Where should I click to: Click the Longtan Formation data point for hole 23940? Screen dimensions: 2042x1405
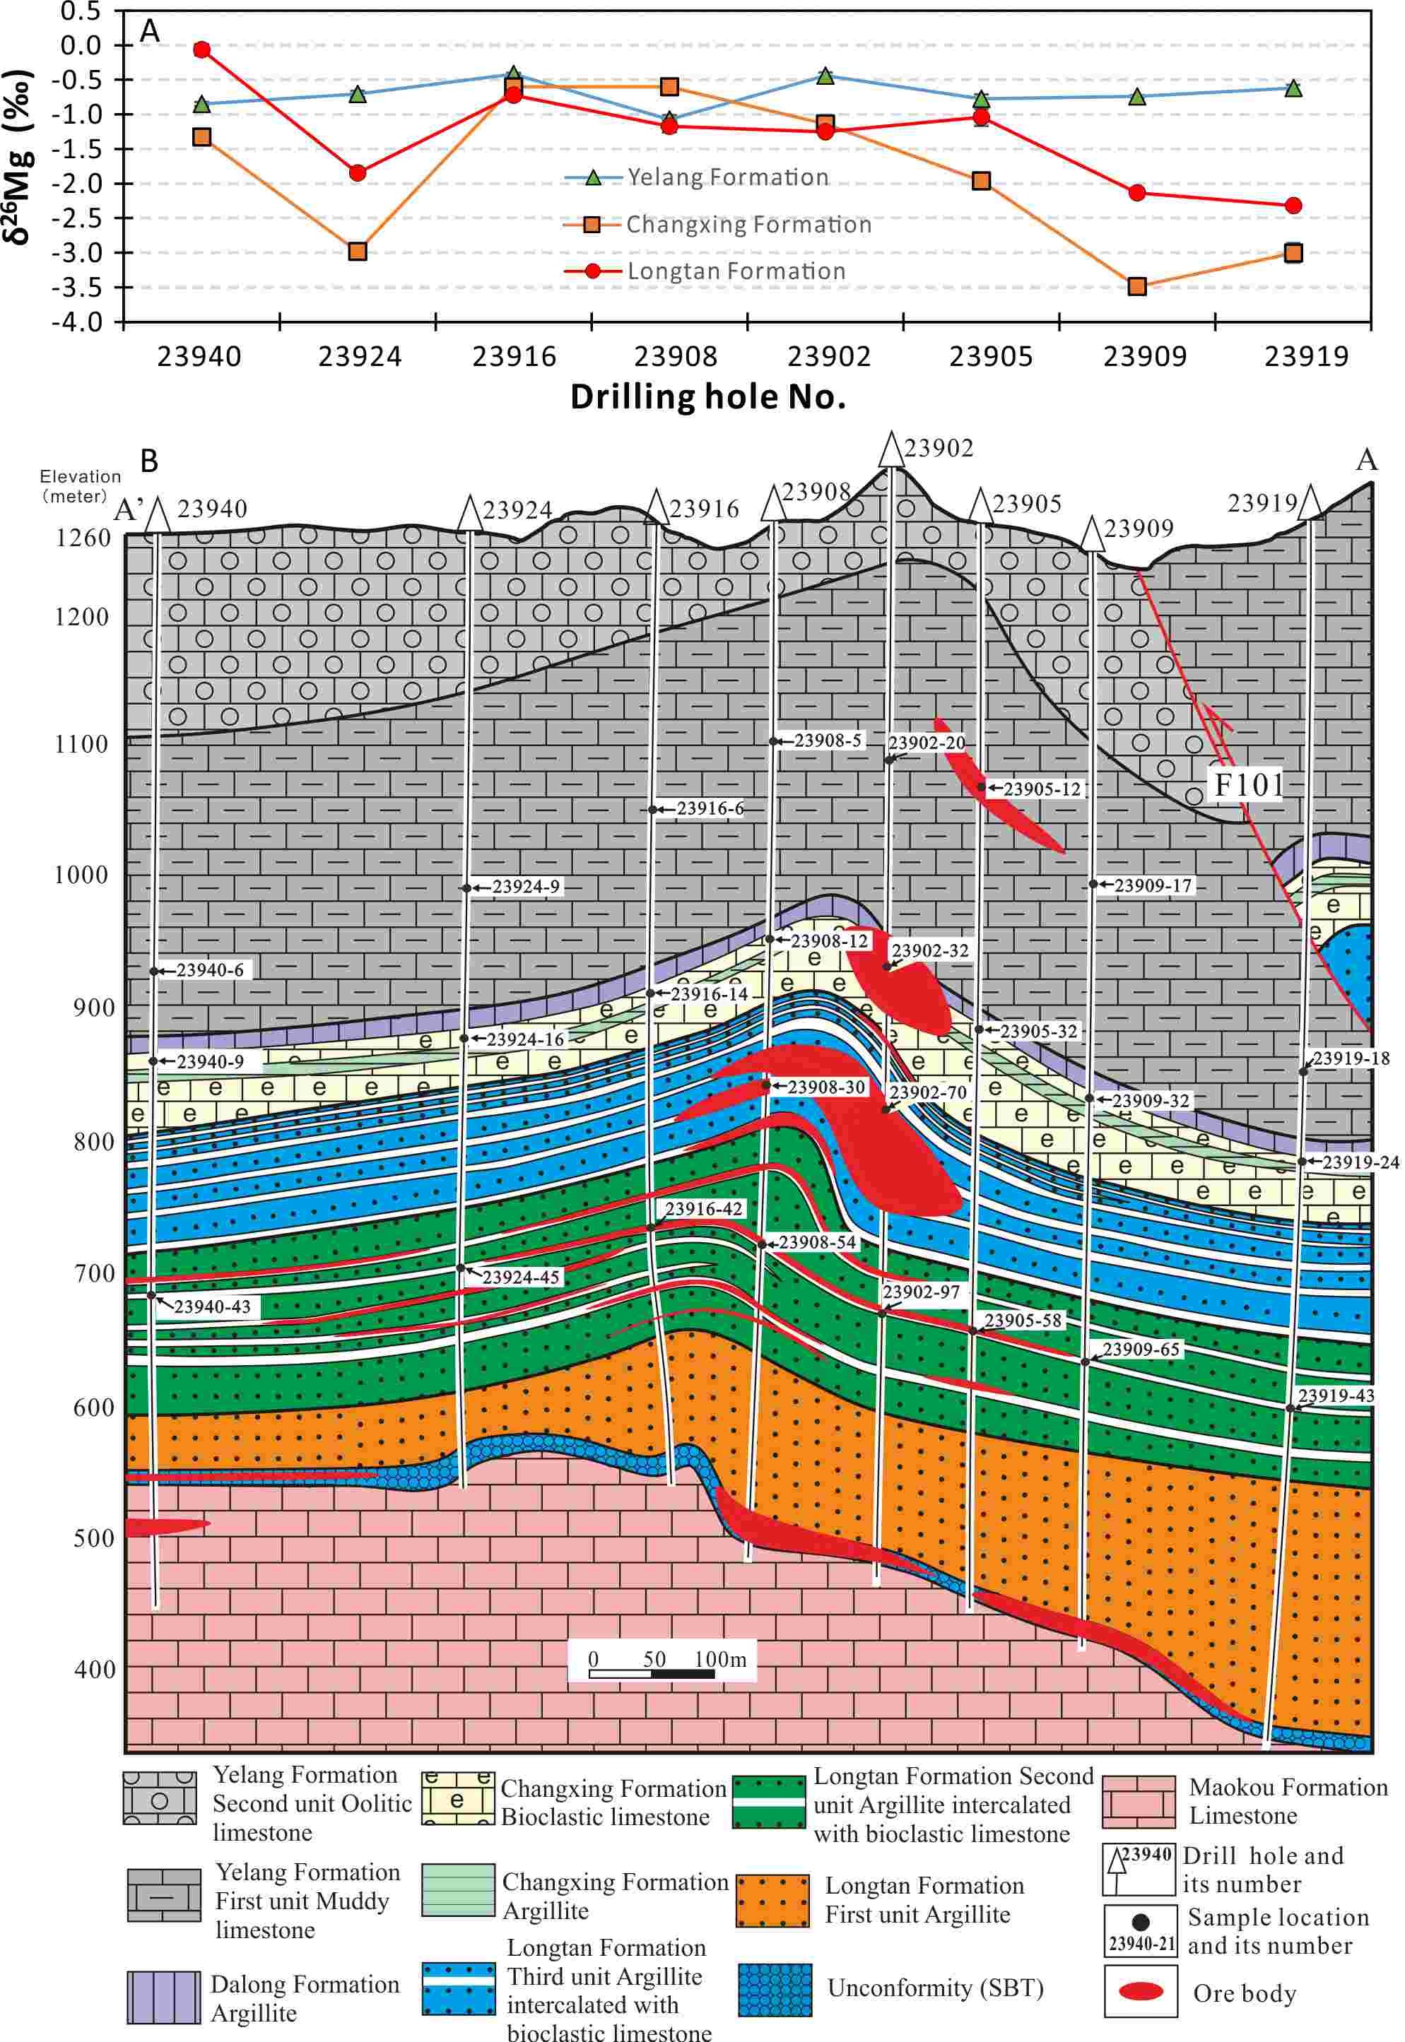pos(201,49)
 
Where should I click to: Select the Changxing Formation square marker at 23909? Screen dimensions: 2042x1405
pos(1136,286)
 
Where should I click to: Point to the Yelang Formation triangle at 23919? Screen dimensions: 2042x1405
pos(1293,88)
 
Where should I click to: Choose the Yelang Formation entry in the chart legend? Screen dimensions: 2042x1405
pos(727,177)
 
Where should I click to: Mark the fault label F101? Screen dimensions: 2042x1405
pos(1248,784)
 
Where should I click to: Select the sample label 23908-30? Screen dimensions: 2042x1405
pos(825,1087)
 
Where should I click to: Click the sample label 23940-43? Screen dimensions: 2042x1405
pos(212,1306)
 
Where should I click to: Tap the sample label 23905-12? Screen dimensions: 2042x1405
pos(1042,789)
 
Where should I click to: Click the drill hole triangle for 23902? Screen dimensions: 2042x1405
pos(891,450)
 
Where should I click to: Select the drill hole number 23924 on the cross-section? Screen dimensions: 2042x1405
pos(517,510)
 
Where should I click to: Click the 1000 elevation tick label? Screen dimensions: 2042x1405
pos(81,875)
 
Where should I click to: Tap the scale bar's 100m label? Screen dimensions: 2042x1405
pos(720,1659)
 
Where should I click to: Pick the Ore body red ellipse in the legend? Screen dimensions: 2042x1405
pos(1141,1992)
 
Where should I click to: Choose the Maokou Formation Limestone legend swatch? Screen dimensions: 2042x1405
pos(1139,1802)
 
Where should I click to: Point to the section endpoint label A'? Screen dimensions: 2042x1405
pos(129,509)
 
